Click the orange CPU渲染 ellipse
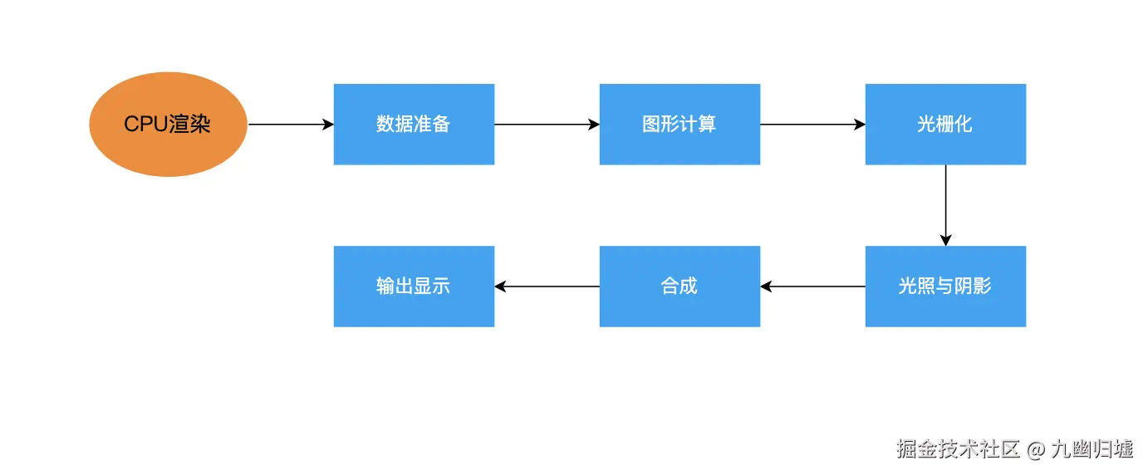point(168,125)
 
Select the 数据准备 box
point(414,125)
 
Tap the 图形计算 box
point(679,125)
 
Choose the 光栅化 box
point(945,125)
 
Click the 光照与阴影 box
point(945,286)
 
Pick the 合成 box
point(679,286)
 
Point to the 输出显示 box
point(414,286)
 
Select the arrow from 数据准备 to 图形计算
point(547,125)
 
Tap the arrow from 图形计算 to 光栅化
point(812,125)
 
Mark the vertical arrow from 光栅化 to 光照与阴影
point(945,203)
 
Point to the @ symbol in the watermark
point(1034,450)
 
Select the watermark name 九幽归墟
point(1092,450)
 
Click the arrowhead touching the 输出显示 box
point(501,286)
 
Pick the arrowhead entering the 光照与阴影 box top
point(945,240)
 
